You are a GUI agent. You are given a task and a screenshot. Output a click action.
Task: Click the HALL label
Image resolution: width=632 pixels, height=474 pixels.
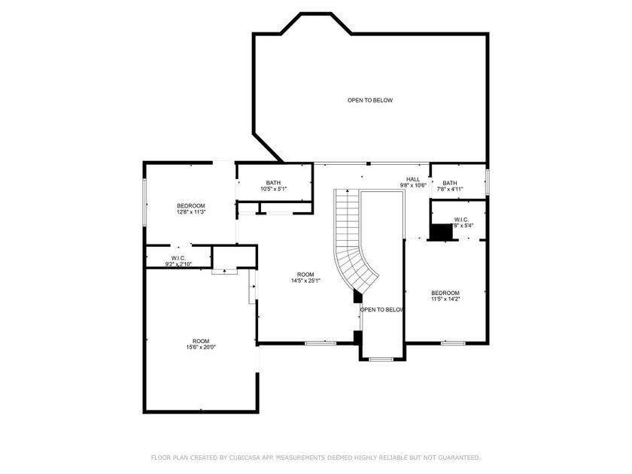(412, 179)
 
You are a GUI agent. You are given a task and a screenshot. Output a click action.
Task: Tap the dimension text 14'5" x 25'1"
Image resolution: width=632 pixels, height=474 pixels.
(305, 281)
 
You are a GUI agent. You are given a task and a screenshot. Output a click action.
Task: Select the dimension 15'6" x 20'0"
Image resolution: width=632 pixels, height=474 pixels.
(201, 347)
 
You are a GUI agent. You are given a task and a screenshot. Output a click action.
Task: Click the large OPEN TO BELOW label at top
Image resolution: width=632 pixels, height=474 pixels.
(369, 100)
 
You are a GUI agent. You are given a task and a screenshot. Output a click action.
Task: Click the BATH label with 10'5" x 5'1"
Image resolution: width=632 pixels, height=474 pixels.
(273, 183)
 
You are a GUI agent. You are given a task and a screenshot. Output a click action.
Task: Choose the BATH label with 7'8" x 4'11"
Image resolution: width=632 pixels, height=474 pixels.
(450, 183)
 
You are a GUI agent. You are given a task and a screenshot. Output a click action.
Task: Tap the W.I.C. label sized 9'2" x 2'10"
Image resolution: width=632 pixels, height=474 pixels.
(178, 258)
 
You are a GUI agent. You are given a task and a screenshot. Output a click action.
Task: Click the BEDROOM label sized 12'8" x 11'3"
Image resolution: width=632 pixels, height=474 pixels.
(191, 206)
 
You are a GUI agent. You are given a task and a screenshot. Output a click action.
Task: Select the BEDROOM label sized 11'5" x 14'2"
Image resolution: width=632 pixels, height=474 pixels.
(445, 293)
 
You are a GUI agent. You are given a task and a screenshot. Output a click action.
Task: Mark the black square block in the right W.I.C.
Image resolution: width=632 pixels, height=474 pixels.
(441, 232)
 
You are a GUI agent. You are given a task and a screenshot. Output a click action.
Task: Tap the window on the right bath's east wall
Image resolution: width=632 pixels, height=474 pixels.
(488, 181)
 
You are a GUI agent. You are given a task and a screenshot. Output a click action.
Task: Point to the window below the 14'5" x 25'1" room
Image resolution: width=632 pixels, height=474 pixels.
(320, 344)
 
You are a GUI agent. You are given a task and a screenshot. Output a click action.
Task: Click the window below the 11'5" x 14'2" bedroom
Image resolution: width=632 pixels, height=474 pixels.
(452, 344)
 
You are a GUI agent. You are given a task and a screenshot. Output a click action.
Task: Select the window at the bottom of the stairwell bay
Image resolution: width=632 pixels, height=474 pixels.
(381, 360)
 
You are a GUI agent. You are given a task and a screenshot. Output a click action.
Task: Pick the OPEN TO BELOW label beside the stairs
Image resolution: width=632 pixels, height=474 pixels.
(382, 309)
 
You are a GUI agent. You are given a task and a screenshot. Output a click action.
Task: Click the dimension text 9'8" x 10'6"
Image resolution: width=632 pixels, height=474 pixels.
(412, 185)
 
